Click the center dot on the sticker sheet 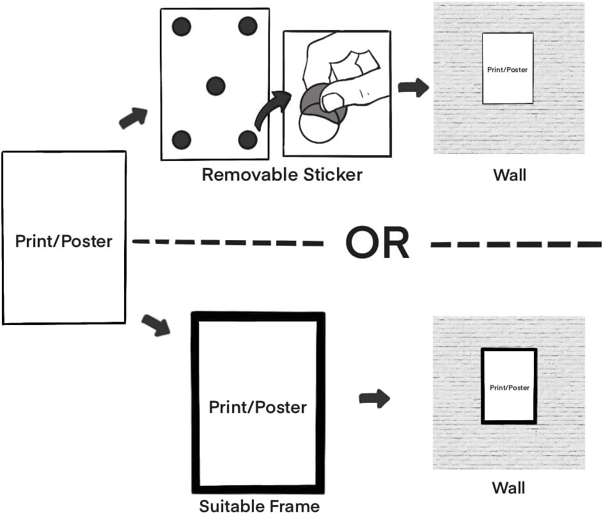coord(215,85)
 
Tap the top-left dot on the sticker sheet coord(181,27)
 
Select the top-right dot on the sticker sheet coord(247,26)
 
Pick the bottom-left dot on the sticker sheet coord(182,139)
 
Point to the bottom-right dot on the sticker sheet coord(247,139)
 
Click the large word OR coord(377,243)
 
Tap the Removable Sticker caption coord(282,175)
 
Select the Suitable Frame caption coord(259,506)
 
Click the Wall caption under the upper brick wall coord(510,175)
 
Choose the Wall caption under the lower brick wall coord(508,488)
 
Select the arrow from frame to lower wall coord(375,399)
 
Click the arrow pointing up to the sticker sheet coord(133,117)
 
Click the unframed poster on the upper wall coord(508,69)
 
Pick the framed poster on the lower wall coord(509,386)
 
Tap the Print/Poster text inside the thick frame coord(258,407)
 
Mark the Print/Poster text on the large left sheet coord(64,241)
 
